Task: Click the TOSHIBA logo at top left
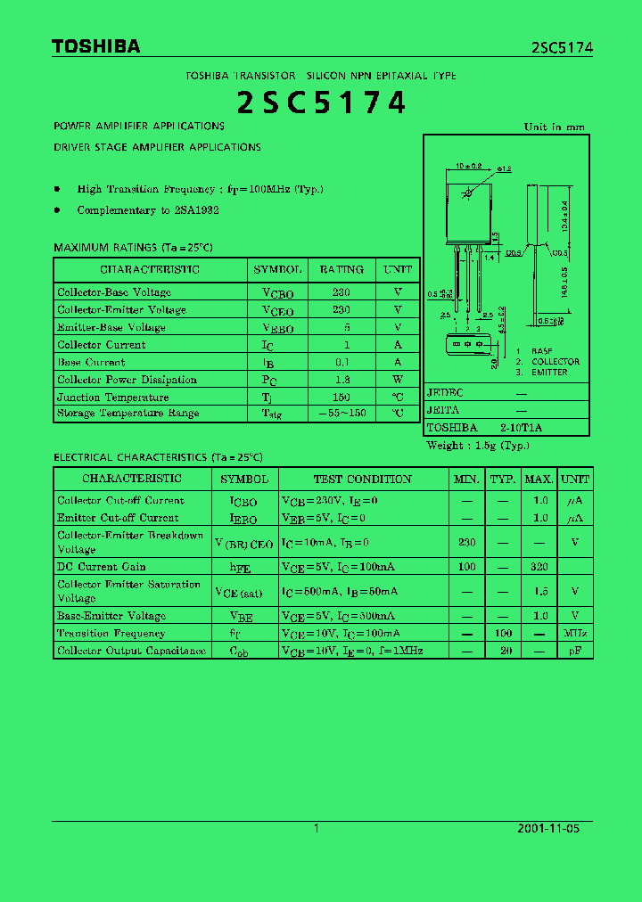click(x=95, y=47)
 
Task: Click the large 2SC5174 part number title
click(x=321, y=102)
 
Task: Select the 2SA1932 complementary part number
click(x=197, y=210)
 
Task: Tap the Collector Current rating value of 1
click(x=342, y=345)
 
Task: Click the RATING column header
click(x=342, y=269)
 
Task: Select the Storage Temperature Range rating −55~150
click(x=342, y=414)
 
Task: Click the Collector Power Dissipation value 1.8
click(x=342, y=380)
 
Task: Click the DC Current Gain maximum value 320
click(x=539, y=567)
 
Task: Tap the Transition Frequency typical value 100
click(x=503, y=634)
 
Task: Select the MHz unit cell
click(x=575, y=634)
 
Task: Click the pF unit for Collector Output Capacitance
click(x=575, y=652)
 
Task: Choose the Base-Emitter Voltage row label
click(x=111, y=616)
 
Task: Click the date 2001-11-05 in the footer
click(x=548, y=828)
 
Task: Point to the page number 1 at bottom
click(x=317, y=828)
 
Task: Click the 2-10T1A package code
click(x=522, y=428)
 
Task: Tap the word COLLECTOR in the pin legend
click(x=555, y=362)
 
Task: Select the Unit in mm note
click(x=554, y=127)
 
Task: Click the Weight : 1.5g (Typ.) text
click(x=477, y=446)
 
